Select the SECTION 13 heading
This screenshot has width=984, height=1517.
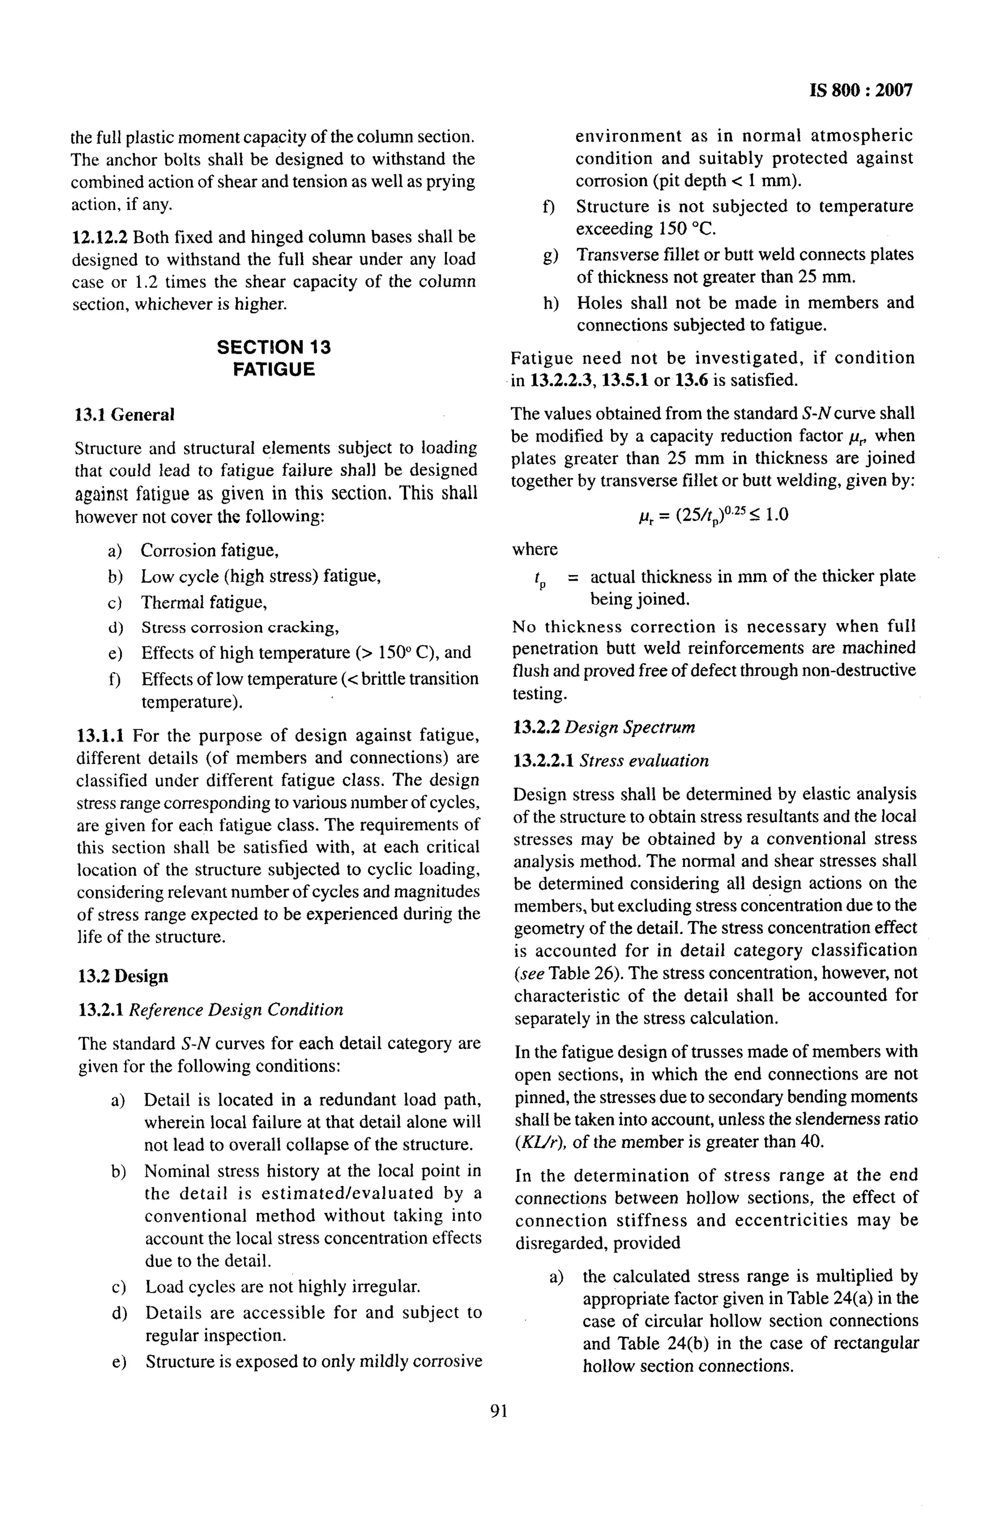274,347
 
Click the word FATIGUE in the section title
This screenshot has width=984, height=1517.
274,370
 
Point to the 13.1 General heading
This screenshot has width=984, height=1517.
125,415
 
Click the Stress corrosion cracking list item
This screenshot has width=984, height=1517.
240,628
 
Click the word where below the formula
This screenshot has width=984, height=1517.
534,549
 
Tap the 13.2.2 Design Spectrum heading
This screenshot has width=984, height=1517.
603,728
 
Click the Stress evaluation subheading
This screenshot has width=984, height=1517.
644,761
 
